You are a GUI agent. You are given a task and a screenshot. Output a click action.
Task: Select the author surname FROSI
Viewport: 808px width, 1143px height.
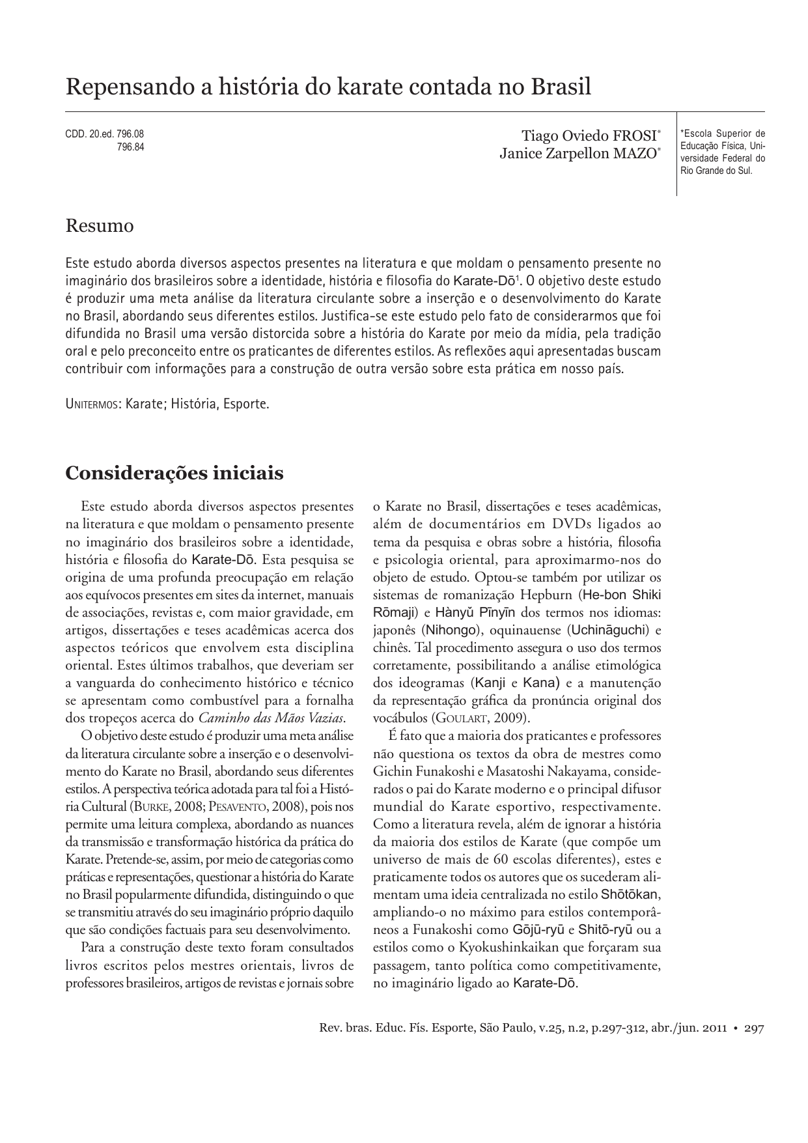pyautogui.click(x=634, y=136)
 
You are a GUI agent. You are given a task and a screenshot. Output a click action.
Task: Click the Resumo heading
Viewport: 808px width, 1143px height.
pyautogui.click(x=100, y=226)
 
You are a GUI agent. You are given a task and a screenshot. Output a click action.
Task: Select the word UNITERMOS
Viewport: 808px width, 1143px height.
pyautogui.click(x=92, y=404)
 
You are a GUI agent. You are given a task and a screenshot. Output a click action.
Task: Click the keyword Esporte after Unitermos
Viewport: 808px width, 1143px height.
pyautogui.click(x=245, y=404)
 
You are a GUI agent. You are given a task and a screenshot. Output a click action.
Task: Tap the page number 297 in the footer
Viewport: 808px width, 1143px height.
pyautogui.click(x=754, y=1028)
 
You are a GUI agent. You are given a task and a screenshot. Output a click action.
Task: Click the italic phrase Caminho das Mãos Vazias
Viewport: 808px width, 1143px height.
pyautogui.click(x=271, y=718)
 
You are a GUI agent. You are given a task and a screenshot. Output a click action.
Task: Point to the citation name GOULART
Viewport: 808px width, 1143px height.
pyautogui.click(x=458, y=718)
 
